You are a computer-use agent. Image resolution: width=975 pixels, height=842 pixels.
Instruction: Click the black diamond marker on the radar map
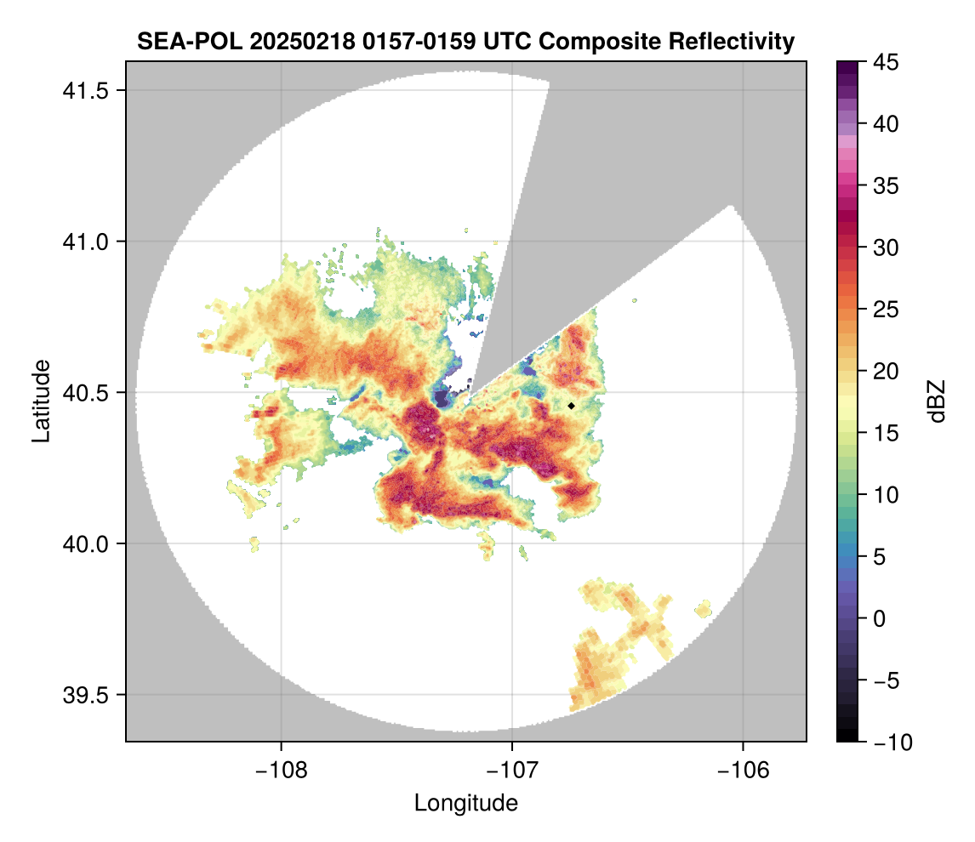(x=572, y=406)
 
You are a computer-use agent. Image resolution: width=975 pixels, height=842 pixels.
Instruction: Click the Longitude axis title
(x=466, y=802)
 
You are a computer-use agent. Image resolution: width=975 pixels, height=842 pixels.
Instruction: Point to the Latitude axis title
(x=41, y=401)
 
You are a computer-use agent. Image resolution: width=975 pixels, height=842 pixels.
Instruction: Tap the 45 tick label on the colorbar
(x=885, y=62)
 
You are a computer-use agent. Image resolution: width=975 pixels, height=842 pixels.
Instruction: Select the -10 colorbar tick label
(x=889, y=742)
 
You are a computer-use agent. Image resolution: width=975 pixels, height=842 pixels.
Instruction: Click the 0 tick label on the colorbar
(x=881, y=618)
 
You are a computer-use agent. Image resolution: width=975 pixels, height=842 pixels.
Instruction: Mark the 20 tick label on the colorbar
(x=885, y=371)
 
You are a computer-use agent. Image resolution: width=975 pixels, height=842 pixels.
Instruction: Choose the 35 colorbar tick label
(x=885, y=185)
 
